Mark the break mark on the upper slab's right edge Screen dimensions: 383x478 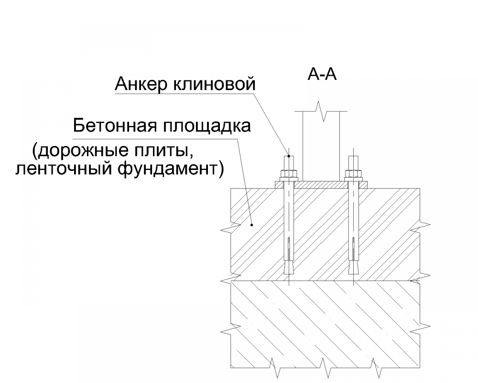coord(421,225)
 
